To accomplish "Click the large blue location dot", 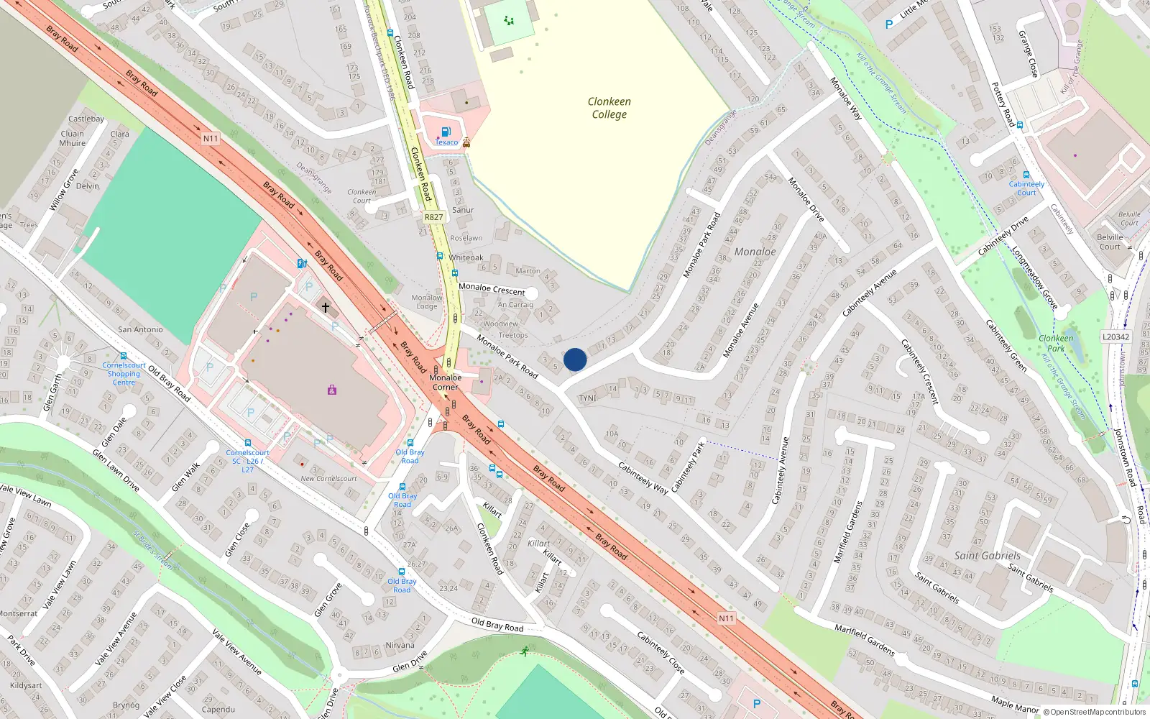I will (x=575, y=359).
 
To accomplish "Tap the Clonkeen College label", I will (x=609, y=108).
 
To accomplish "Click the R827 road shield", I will (x=433, y=217).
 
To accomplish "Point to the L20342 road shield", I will (x=1115, y=336).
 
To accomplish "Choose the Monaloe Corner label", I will (x=446, y=382).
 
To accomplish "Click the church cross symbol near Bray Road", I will (x=326, y=308).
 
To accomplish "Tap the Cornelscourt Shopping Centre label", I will (x=124, y=374).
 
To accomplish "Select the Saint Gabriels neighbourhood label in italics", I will (x=987, y=556).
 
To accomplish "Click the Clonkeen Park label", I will (x=1056, y=343).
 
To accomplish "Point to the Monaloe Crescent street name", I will (x=492, y=288).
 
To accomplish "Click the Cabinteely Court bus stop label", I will (x=1026, y=188).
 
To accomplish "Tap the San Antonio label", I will (x=140, y=329).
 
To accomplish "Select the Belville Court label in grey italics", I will (x=1129, y=219).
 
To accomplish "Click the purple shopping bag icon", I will (x=331, y=390).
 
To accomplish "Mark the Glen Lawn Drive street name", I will (x=116, y=470).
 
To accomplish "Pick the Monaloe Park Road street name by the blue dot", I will (x=507, y=356).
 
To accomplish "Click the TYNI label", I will (x=587, y=398).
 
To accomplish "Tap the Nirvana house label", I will (x=400, y=645).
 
